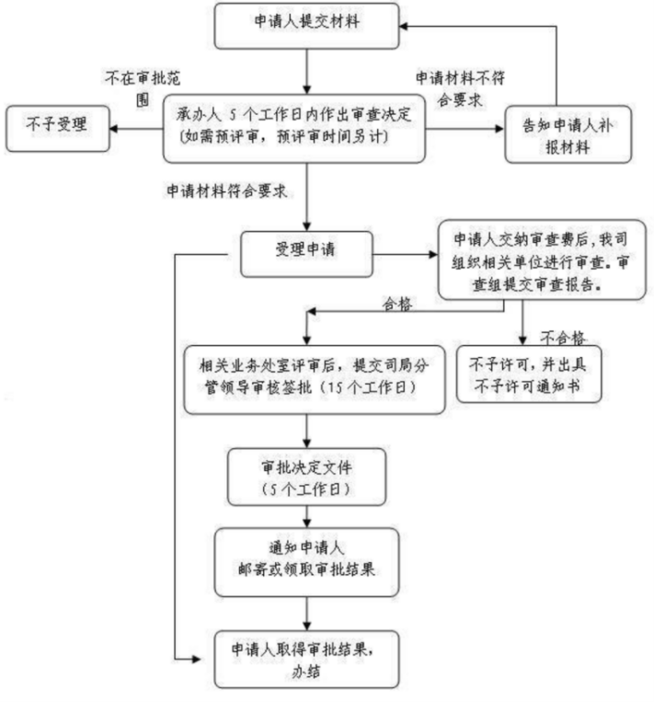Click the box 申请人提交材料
(306, 26)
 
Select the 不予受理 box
(58, 129)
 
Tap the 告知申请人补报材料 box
(568, 134)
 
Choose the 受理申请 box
(306, 254)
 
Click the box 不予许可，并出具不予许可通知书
(529, 374)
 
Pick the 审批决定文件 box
(306, 477)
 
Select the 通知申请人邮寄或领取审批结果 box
(306, 562)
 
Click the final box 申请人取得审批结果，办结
(306, 659)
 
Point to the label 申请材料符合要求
(226, 191)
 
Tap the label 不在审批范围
(143, 88)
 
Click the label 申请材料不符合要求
(460, 88)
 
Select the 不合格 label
(562, 337)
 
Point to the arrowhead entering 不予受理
(114, 129)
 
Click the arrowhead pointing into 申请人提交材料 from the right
(403, 27)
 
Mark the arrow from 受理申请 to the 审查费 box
(405, 254)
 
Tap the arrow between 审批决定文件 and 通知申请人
(306, 517)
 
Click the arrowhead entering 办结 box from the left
(196, 659)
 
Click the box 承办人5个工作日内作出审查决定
(294, 129)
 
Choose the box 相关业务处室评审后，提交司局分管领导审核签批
(315, 380)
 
